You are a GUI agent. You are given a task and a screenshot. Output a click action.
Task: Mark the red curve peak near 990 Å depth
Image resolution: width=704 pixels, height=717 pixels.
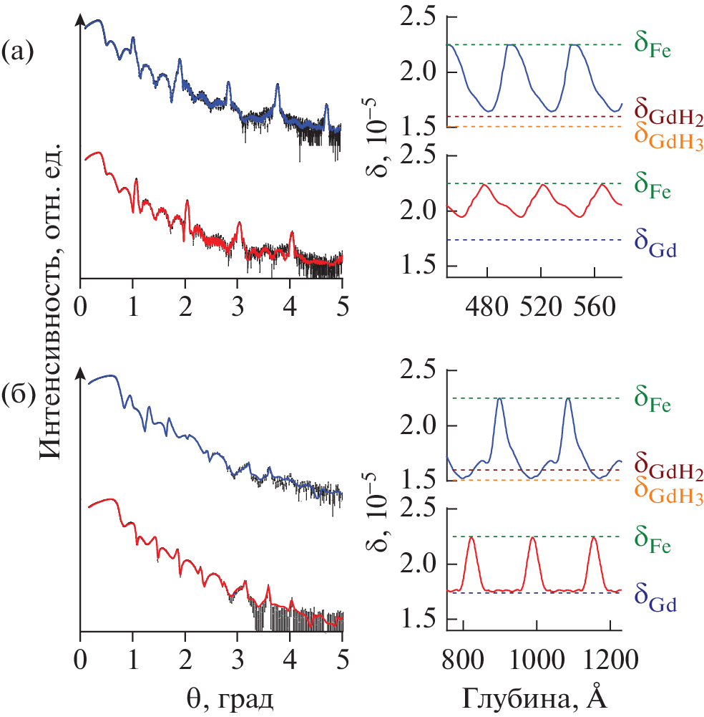(x=532, y=537)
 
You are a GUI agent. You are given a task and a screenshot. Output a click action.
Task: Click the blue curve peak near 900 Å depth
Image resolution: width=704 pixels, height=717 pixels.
(x=500, y=398)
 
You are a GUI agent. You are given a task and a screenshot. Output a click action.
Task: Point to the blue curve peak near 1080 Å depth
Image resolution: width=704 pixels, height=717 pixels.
(x=568, y=398)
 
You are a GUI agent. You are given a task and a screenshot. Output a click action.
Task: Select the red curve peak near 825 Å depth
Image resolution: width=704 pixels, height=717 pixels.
(x=471, y=537)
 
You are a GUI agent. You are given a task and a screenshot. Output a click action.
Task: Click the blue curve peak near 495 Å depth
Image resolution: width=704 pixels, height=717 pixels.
(x=510, y=44)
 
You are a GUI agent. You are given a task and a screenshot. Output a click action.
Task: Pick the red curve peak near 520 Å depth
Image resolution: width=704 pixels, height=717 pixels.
(x=544, y=185)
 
